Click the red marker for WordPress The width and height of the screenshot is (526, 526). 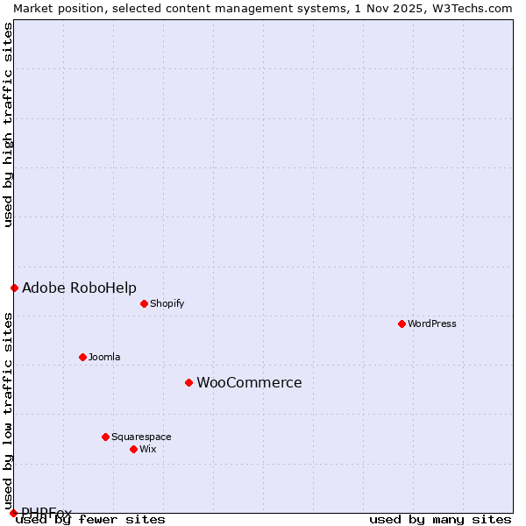(x=402, y=323)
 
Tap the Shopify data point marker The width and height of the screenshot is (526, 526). (x=144, y=303)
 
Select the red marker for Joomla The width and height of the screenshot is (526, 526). (x=82, y=357)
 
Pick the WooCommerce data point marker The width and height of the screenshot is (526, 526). (x=188, y=382)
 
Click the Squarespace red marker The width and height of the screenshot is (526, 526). (x=105, y=437)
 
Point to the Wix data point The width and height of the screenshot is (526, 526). (x=133, y=449)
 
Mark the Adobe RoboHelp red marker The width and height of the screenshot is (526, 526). (x=14, y=288)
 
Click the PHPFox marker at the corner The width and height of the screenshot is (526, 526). (x=13, y=513)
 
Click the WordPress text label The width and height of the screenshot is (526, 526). (x=432, y=323)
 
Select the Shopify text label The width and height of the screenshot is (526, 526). (x=167, y=303)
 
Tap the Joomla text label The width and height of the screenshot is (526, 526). (x=104, y=357)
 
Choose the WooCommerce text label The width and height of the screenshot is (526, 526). (x=249, y=382)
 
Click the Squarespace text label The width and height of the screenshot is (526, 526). (x=141, y=437)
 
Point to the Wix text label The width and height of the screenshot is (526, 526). (x=147, y=449)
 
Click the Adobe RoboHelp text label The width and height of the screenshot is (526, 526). (x=79, y=288)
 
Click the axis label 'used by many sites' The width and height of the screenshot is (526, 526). (x=440, y=520)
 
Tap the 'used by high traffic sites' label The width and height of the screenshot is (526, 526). (x=8, y=124)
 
